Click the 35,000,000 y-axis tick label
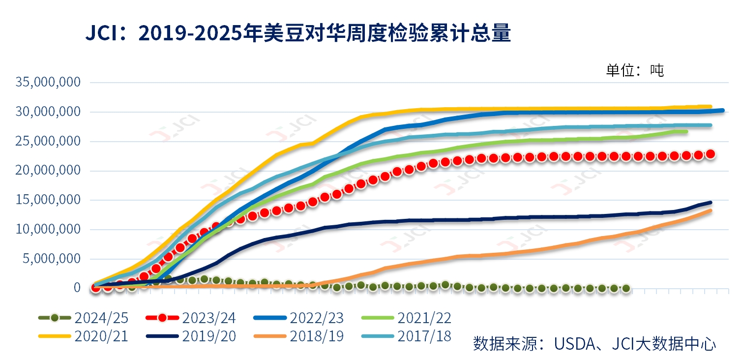pos(48,82)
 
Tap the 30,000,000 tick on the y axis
pos(48,112)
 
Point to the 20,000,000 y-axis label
pos(48,170)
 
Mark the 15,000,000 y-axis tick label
pos(48,200)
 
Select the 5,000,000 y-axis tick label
pos(51,258)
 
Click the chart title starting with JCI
pos(298,34)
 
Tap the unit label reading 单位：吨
pos(634,70)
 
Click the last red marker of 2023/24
pos(710,154)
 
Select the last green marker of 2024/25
pos(626,288)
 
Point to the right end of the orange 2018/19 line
pos(711,210)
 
